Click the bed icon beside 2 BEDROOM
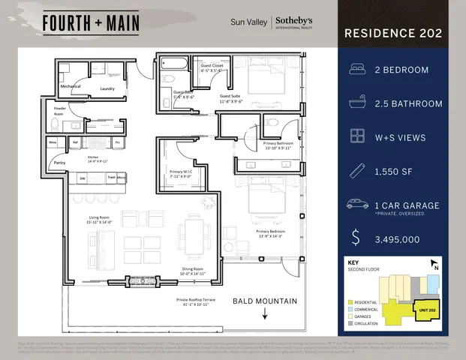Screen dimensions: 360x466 pos(356,70)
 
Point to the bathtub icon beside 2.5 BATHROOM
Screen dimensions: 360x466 pos(356,103)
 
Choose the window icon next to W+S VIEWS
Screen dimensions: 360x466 pos(356,137)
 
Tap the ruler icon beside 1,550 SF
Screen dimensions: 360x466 pos(356,171)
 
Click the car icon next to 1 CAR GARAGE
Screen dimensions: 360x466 pos(356,204)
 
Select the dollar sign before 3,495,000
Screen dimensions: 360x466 pos(356,238)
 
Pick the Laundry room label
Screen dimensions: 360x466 pos(108,88)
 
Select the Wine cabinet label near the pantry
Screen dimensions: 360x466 pos(54,141)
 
